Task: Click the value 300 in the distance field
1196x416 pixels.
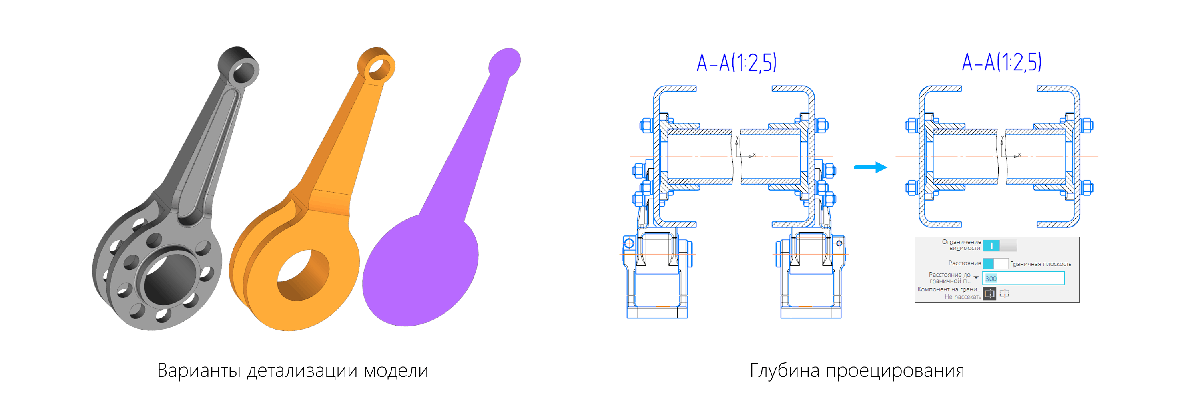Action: (990, 279)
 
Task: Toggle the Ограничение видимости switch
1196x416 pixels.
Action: (999, 245)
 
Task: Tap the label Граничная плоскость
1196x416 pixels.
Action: (1040, 264)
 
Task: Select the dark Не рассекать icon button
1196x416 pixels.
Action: (989, 293)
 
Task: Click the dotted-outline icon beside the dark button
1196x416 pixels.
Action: (1004, 293)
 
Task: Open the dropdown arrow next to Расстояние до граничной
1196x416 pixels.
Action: (976, 277)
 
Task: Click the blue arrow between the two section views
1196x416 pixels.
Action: (870, 167)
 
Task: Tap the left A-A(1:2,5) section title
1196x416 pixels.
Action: (736, 63)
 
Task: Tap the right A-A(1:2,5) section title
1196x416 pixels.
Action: (1001, 62)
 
